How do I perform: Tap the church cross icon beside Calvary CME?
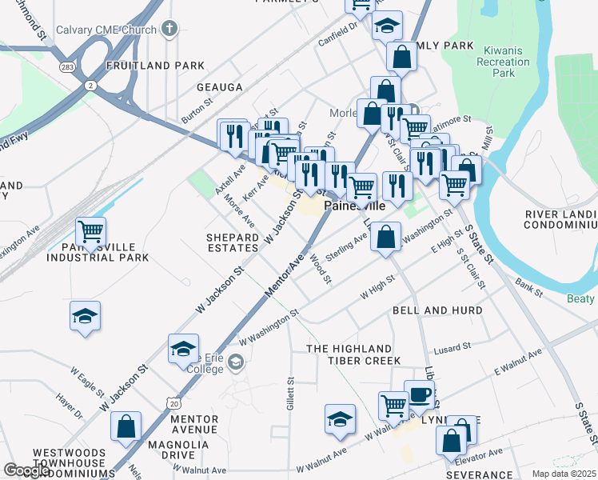(168, 30)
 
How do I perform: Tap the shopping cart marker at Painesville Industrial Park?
(90, 231)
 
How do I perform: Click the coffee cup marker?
(419, 394)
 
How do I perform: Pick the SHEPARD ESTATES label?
(233, 242)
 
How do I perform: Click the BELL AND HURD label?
(437, 310)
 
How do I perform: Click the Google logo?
(27, 470)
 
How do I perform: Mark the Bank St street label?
(528, 286)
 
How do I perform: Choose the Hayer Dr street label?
(69, 406)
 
